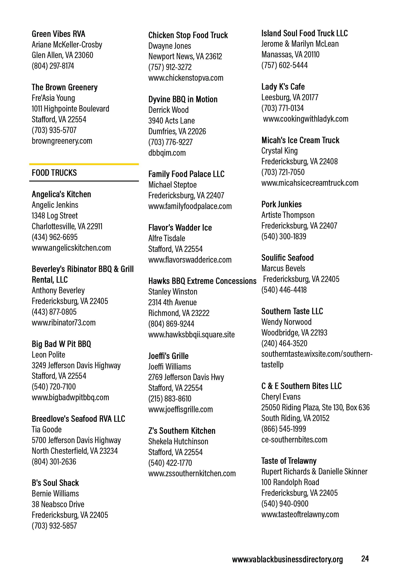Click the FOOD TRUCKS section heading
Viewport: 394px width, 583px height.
coord(54,173)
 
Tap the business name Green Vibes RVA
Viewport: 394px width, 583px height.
coord(58,34)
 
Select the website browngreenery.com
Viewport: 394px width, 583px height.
coord(62,141)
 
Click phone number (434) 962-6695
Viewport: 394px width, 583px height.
coord(55,237)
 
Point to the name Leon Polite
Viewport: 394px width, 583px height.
coord(48,354)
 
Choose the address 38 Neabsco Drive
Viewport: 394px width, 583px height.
coord(58,504)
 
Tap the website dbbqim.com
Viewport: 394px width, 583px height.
coord(167,153)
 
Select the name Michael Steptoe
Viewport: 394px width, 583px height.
coord(172,185)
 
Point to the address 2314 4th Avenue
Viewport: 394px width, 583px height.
coord(172,302)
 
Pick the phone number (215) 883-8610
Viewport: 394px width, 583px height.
coord(170,399)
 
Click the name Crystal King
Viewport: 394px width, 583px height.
coord(279,151)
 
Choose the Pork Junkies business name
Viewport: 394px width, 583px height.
coord(281,204)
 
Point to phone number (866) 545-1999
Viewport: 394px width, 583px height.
coord(284,429)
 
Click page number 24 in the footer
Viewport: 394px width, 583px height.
coord(365,559)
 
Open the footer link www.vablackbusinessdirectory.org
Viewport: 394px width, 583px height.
coord(287,559)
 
